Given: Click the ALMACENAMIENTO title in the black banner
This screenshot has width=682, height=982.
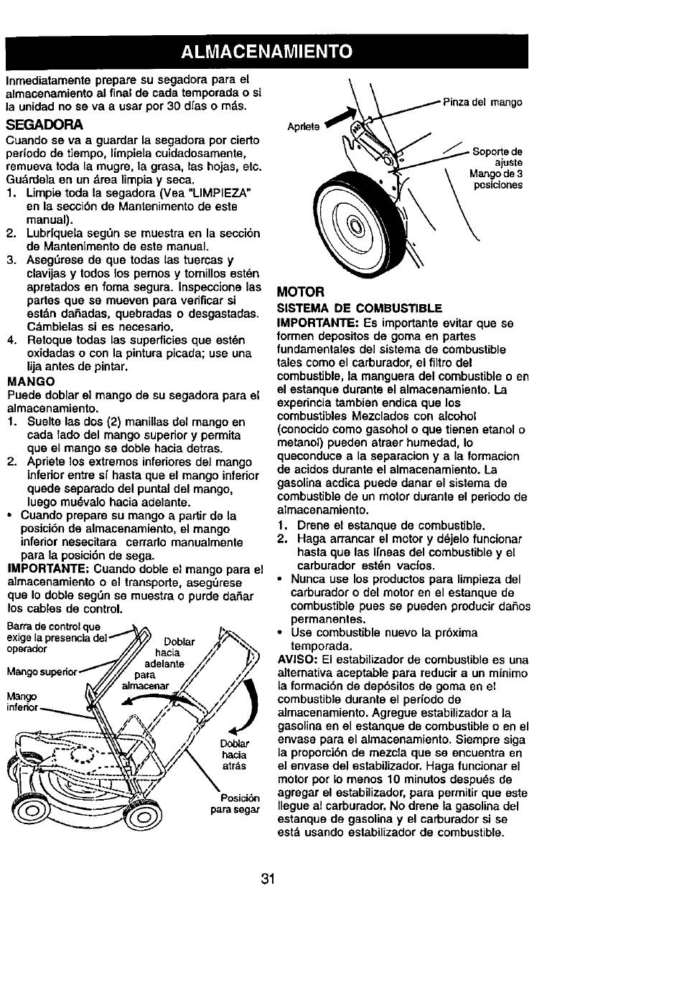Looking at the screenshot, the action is click(266, 52).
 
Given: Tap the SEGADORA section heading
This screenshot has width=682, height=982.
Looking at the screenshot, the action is click(45, 125).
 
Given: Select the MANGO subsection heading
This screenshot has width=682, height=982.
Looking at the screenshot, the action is click(31, 382).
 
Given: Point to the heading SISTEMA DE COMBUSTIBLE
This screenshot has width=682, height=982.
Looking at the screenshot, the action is click(360, 308).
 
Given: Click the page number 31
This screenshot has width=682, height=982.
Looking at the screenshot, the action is click(268, 879).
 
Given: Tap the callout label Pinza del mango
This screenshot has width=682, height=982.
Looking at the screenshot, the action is click(482, 103).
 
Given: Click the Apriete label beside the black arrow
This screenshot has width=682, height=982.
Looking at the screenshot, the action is click(303, 127).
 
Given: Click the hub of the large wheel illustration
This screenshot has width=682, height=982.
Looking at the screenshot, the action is click(355, 226).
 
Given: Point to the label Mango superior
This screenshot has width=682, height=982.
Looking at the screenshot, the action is click(42, 672).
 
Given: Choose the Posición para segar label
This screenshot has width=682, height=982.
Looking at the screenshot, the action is click(235, 803).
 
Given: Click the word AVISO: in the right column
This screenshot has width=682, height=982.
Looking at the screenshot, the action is click(299, 660).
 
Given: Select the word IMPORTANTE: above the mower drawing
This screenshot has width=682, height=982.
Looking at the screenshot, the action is click(49, 569).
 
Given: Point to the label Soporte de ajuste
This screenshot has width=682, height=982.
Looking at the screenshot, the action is click(498, 157).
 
